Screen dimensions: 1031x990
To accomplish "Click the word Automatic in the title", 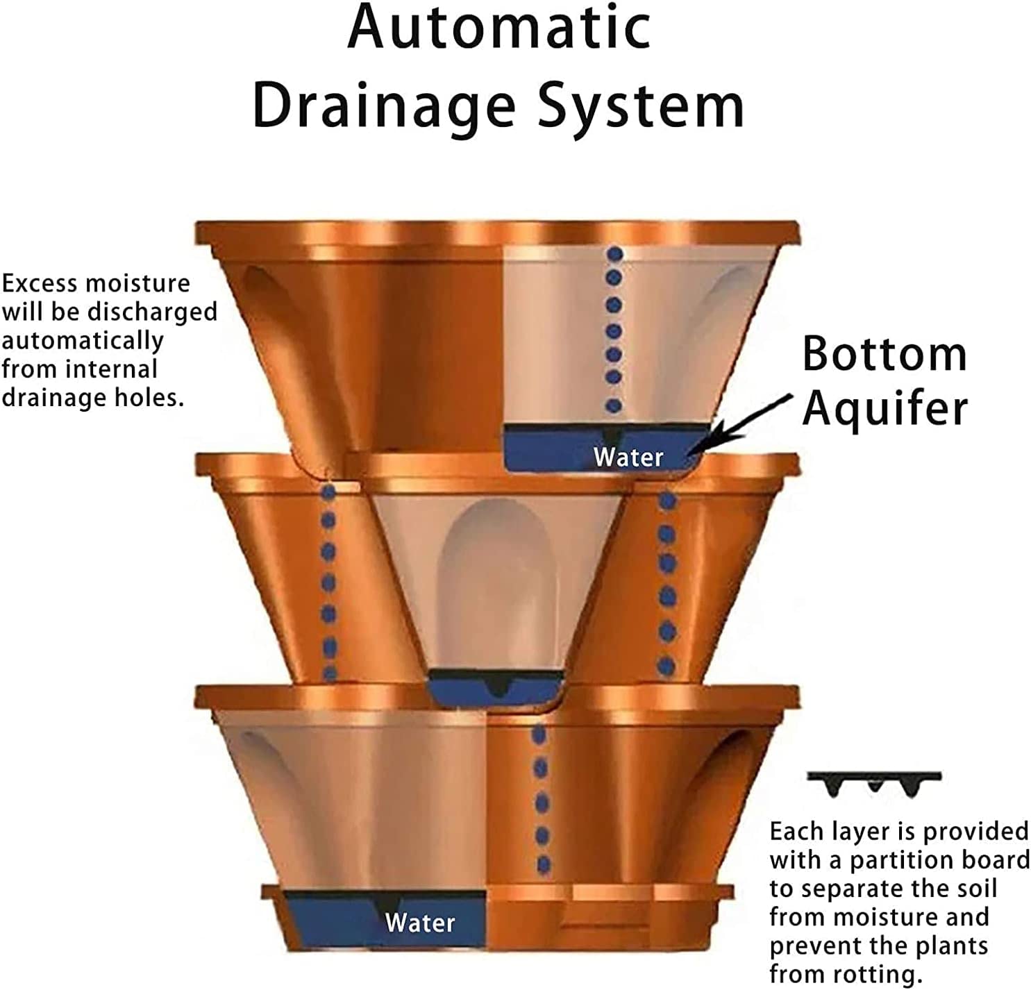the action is pyautogui.click(x=499, y=28).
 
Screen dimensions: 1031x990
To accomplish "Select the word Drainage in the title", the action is pyautogui.click(x=385, y=108).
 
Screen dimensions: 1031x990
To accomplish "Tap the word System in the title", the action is pyautogui.click(x=642, y=108).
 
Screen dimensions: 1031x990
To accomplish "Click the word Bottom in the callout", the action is pyautogui.click(x=885, y=354).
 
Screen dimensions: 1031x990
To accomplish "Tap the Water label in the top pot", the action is pyautogui.click(x=628, y=458).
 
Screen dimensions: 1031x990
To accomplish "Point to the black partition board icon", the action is pyautogui.click(x=874, y=784).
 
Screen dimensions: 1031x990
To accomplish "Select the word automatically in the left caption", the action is pyautogui.click(x=83, y=341).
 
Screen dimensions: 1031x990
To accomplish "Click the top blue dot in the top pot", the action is pyautogui.click(x=614, y=254).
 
